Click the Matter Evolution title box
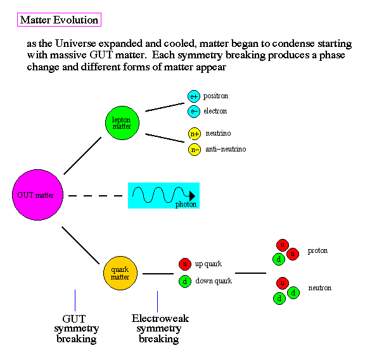tap(59, 20)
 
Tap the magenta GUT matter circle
tap(38, 195)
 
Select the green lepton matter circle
tap(122, 123)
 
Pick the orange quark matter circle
tap(120, 273)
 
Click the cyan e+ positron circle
tap(194, 96)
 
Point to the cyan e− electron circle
tap(194, 112)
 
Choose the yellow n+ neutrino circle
tap(195, 134)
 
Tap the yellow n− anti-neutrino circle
tap(195, 150)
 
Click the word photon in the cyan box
tap(186, 204)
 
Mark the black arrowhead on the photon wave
tap(192, 196)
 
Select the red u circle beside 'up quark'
tap(185, 264)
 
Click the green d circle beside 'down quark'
tap(185, 281)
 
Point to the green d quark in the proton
tap(279, 259)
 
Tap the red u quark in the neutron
tap(283, 283)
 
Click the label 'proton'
tap(317, 251)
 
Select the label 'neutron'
tap(320, 288)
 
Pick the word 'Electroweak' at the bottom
tap(160, 319)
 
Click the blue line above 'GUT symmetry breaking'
tap(75, 300)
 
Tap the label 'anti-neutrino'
tap(226, 149)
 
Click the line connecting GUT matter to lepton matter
tap(82, 156)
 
